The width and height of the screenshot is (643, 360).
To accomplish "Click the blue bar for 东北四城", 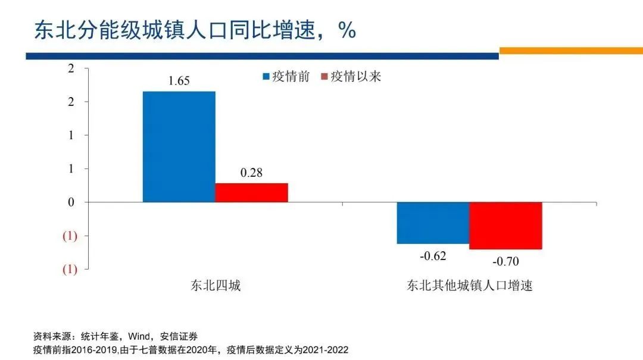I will [179, 146].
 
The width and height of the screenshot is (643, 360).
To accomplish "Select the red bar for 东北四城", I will [251, 192].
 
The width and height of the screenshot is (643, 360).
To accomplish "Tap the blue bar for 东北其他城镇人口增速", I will [433, 223].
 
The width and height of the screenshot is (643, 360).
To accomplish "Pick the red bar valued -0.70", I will [505, 226].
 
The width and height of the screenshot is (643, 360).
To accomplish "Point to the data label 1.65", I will [179, 81].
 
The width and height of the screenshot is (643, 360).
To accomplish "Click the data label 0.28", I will [251, 173].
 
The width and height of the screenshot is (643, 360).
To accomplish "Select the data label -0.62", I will [433, 256].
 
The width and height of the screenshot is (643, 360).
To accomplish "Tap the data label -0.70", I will [505, 261].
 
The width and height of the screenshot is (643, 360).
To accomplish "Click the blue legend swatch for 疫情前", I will [266, 77].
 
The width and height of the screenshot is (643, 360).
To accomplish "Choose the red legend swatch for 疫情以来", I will [324, 77].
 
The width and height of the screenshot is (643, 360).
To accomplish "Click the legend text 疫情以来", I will [355, 77].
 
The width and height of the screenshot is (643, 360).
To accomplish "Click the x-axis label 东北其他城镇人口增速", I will [469, 286].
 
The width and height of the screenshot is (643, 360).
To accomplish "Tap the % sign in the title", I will [347, 30].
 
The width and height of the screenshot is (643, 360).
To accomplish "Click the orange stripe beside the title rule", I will [570, 51].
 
